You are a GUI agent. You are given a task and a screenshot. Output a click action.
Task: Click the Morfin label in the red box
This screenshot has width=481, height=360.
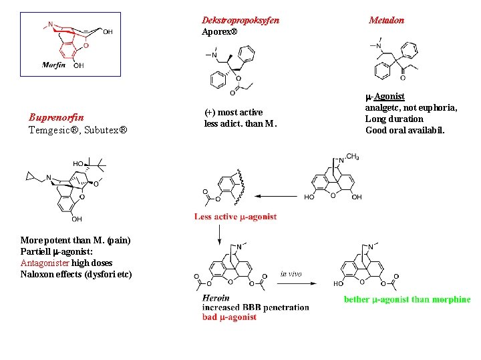click(x=53, y=65)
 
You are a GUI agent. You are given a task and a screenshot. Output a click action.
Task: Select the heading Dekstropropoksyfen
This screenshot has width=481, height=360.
click(x=240, y=20)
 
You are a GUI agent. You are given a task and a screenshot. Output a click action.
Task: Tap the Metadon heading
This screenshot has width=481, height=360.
click(x=387, y=20)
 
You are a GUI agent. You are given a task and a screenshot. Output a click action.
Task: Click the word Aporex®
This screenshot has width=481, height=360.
click(x=219, y=31)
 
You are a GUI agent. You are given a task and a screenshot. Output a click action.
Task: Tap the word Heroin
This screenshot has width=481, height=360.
click(x=216, y=298)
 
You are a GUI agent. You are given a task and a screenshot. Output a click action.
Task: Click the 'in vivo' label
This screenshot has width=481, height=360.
click(x=292, y=273)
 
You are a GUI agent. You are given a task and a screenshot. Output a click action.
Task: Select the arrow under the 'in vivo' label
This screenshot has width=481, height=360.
click(x=293, y=283)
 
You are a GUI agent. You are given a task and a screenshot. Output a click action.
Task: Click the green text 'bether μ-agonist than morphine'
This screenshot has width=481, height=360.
click(x=407, y=299)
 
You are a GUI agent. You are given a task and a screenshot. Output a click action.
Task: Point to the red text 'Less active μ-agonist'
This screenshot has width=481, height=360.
click(x=235, y=217)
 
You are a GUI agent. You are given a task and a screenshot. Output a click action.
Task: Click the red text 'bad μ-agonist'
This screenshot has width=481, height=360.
click(x=229, y=317)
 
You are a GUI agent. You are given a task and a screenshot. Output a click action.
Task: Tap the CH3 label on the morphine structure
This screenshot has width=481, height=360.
click(x=353, y=157)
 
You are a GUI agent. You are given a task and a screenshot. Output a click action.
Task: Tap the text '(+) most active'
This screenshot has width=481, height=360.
click(x=233, y=112)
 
